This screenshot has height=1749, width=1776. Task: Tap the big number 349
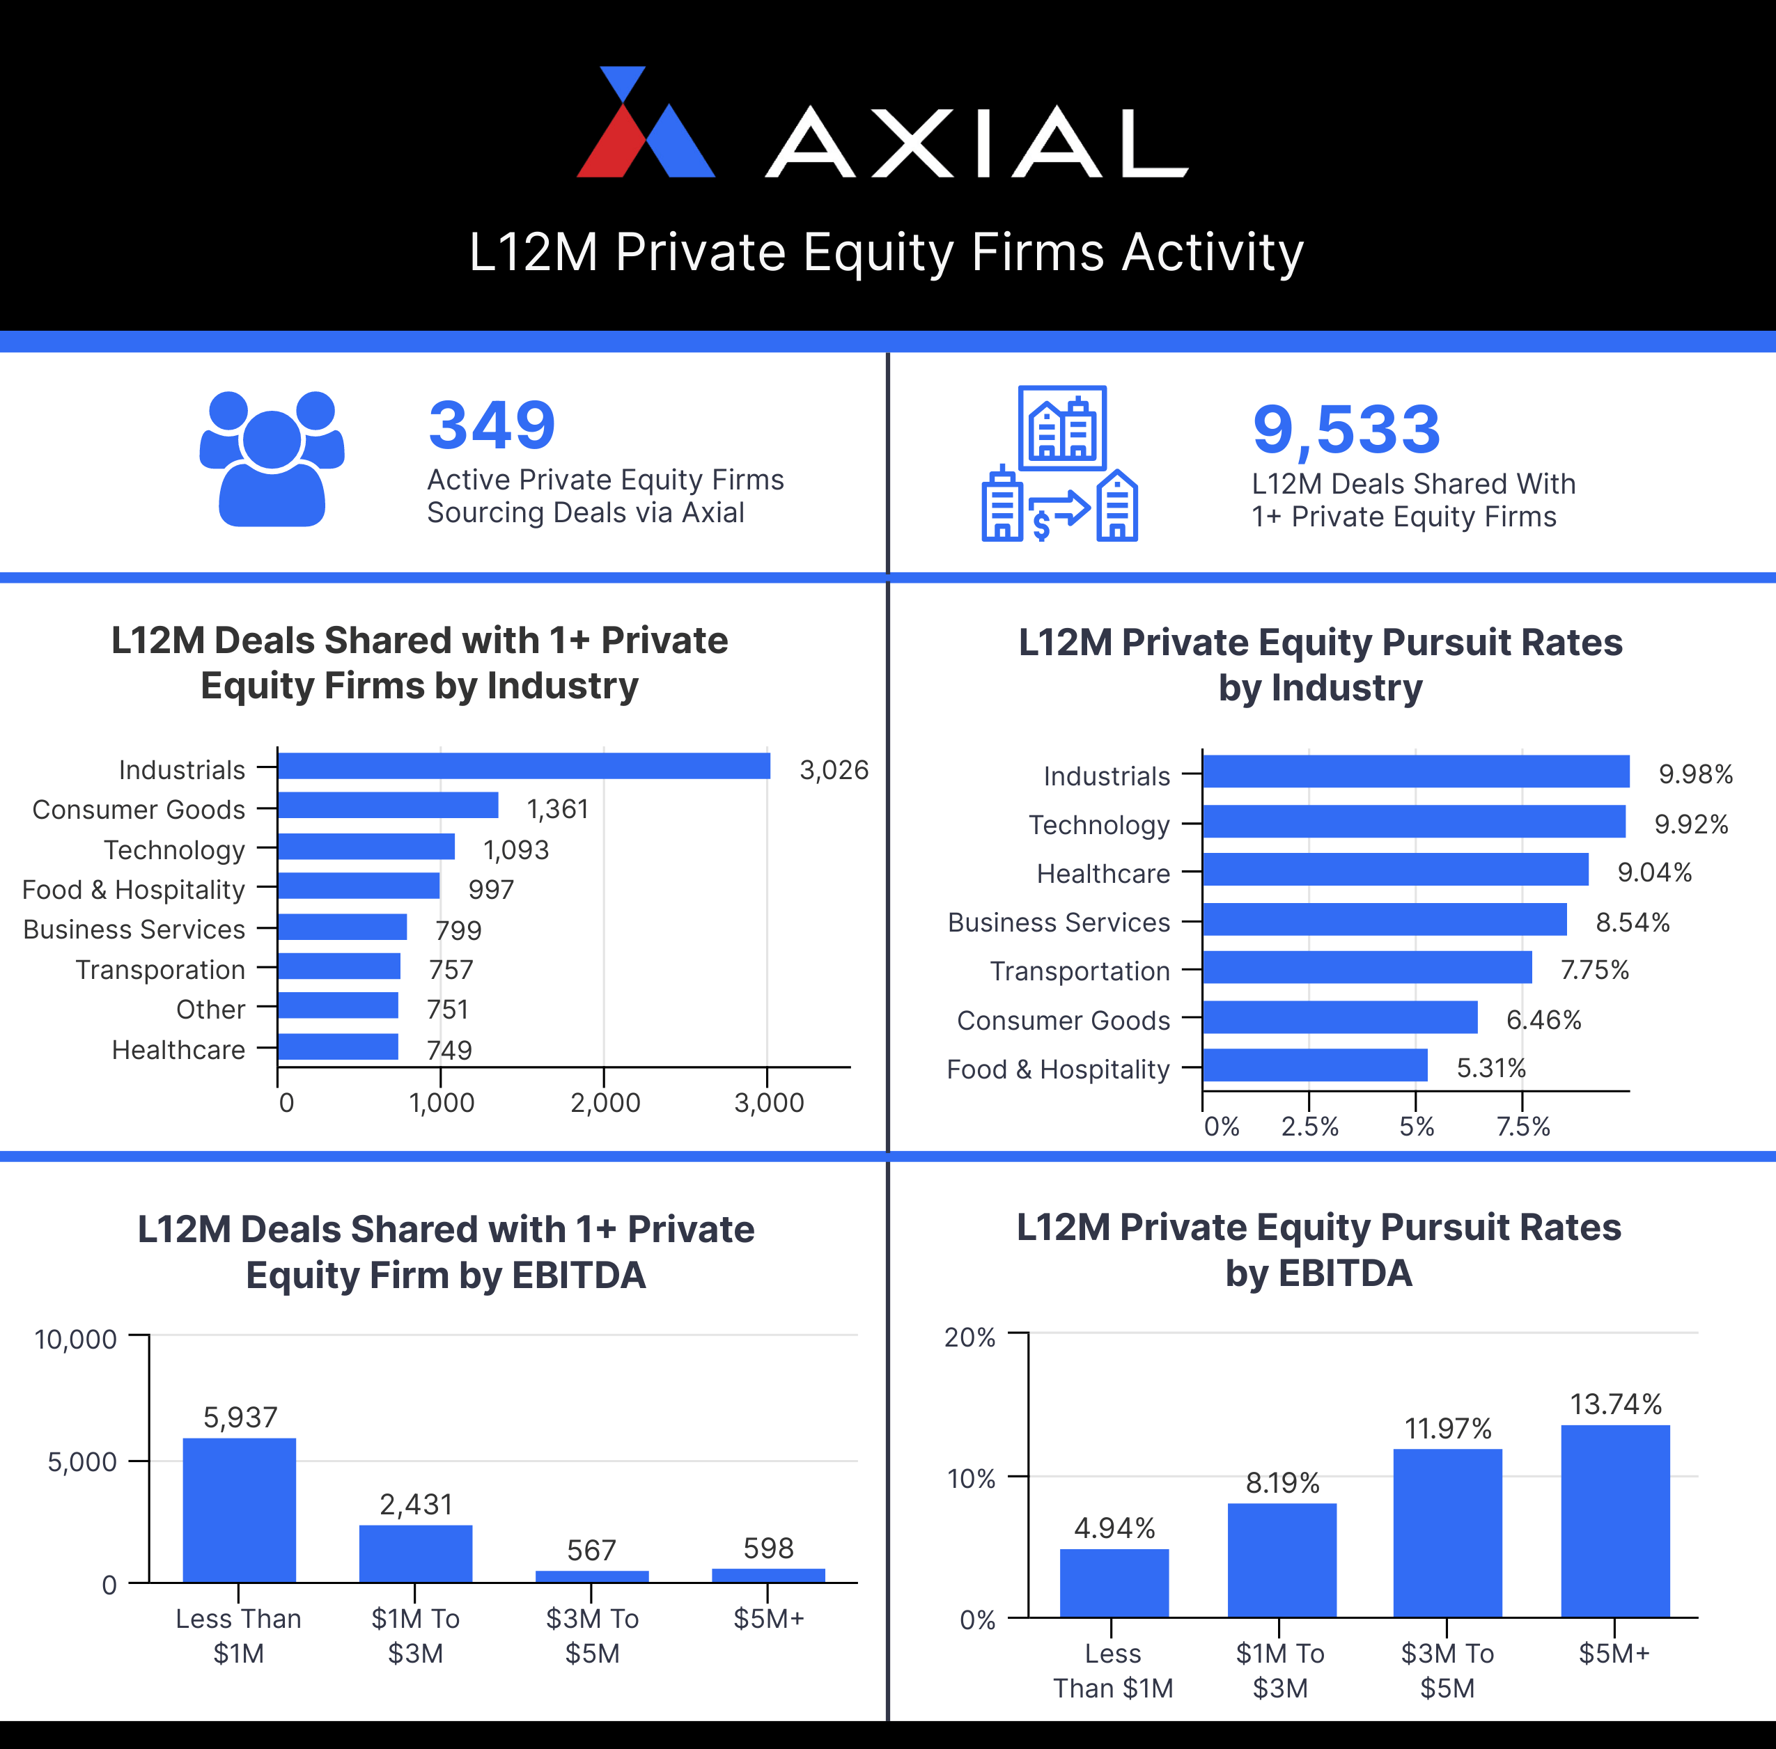point(492,425)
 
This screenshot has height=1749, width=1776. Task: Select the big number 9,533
point(1346,430)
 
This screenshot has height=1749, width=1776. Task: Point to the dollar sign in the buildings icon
point(1041,526)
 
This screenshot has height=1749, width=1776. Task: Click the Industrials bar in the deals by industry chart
point(524,766)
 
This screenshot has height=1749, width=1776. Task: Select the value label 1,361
point(556,809)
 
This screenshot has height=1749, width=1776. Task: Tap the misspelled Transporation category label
point(160,970)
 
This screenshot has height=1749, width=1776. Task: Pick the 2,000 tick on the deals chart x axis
point(605,1102)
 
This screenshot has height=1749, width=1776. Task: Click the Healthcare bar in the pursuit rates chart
point(1395,870)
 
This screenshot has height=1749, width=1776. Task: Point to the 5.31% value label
point(1490,1068)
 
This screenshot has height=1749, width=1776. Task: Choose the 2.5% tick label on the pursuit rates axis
point(1309,1126)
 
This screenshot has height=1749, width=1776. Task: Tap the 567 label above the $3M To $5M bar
point(591,1551)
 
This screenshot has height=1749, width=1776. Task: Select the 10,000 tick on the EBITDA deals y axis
point(75,1340)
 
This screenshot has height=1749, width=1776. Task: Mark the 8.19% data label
point(1282,1482)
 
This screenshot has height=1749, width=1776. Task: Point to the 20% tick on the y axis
point(969,1338)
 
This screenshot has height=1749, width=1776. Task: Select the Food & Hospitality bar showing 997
point(358,886)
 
